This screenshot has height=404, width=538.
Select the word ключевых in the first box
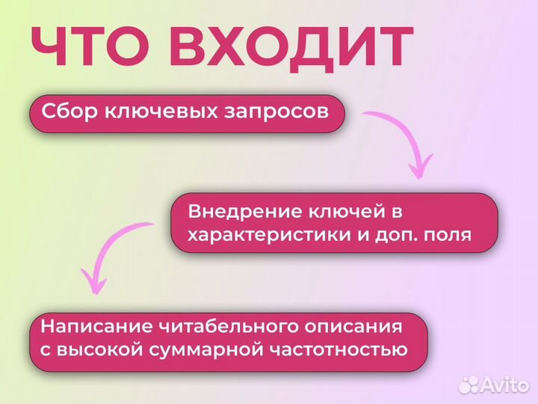click(157, 112)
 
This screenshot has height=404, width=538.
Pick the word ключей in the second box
click(344, 212)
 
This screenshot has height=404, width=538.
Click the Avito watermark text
click(505, 385)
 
